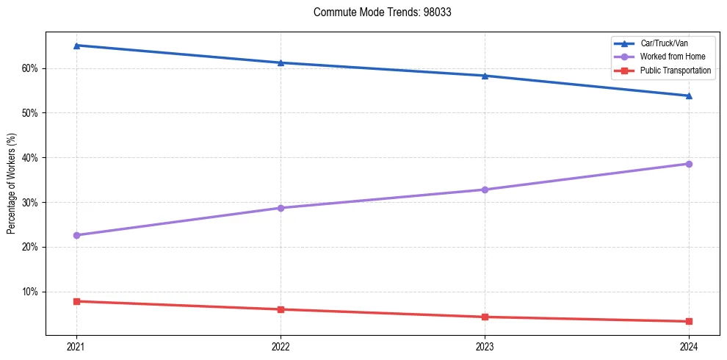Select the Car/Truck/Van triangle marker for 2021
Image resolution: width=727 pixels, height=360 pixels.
[76, 46]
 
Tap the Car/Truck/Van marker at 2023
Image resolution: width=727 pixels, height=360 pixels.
[485, 76]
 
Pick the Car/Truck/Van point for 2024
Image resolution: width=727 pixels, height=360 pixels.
[689, 96]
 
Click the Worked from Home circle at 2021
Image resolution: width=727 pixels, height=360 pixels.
[76, 235]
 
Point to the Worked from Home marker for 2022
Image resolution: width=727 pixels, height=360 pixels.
[281, 208]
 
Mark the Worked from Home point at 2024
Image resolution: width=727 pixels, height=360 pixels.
[689, 164]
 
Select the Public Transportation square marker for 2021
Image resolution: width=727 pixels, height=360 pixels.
[76, 301]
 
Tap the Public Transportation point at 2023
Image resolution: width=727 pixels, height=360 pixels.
[485, 317]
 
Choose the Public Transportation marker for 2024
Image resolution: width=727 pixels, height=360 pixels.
[689, 321]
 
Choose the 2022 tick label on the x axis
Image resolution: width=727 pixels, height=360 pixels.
[281, 346]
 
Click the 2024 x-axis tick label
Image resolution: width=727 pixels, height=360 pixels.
[689, 346]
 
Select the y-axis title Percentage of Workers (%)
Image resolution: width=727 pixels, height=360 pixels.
[11, 184]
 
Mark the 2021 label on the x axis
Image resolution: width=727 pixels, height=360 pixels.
[76, 346]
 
